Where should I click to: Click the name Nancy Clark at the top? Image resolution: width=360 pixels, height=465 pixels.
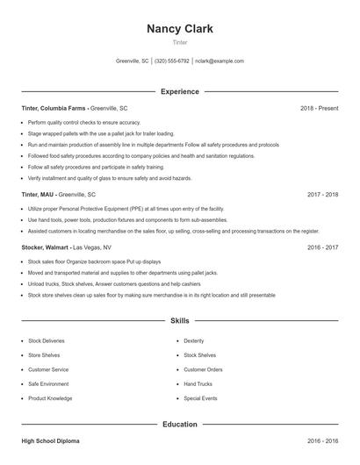(x=179, y=28)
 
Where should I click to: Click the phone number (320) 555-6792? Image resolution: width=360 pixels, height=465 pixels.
(x=172, y=61)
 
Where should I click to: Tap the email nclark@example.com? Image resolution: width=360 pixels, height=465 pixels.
(x=219, y=61)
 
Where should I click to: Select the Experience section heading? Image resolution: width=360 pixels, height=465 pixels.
(x=179, y=91)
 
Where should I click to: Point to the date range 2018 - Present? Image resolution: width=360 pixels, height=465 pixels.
(x=319, y=108)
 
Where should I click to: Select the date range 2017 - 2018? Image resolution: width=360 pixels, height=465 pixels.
(x=322, y=194)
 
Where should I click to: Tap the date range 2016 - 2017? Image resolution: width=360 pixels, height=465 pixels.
(x=322, y=247)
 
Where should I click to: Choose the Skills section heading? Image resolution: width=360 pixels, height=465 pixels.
(x=179, y=321)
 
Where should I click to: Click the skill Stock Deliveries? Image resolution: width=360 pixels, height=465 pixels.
(x=47, y=340)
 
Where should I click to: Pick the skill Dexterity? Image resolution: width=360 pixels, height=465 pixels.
(x=194, y=340)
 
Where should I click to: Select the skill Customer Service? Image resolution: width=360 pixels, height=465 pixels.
(x=48, y=369)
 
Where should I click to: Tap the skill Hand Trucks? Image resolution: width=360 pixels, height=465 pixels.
(x=198, y=383)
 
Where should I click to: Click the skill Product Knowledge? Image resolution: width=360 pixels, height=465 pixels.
(x=50, y=398)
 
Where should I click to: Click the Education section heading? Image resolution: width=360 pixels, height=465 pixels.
(x=179, y=425)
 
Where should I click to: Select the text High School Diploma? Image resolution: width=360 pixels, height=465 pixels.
(x=52, y=440)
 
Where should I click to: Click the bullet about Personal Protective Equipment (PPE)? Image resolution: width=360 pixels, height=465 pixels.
(x=126, y=209)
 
